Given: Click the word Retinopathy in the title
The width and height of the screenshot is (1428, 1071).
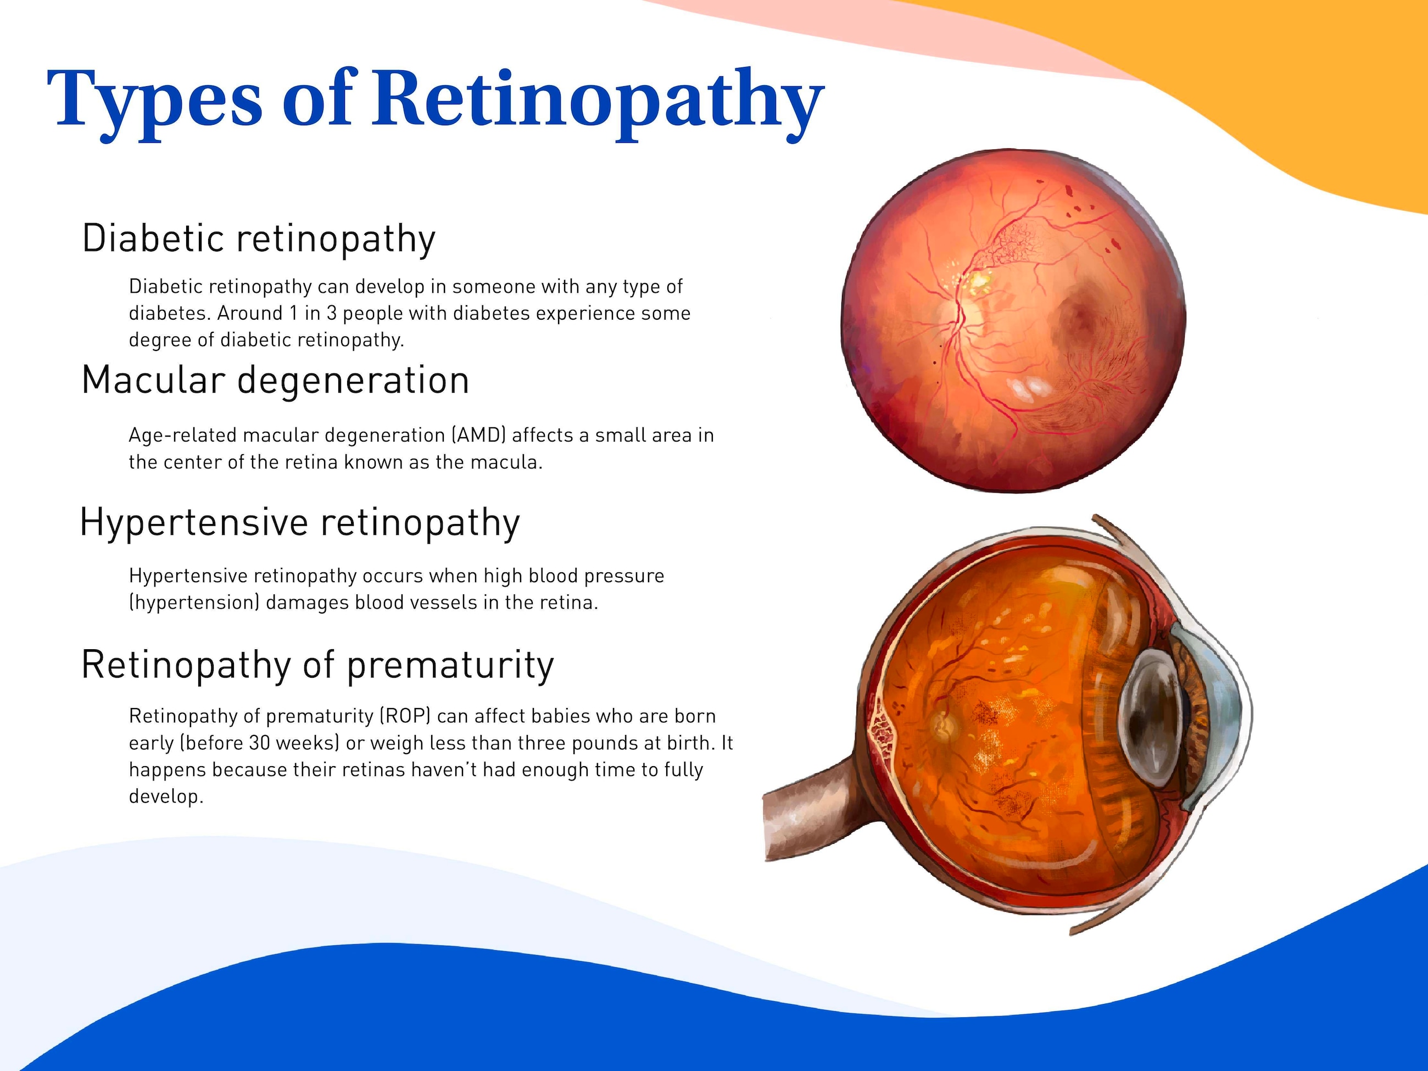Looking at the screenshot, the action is pos(597,103).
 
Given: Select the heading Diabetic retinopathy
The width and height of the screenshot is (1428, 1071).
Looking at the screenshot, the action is pos(259,239).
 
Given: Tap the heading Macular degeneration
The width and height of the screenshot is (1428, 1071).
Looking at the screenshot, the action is pos(276,380).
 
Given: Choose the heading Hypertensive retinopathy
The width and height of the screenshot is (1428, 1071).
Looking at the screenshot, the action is pos(299,523).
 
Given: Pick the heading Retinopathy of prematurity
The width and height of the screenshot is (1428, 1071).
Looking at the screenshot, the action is pos(317,666).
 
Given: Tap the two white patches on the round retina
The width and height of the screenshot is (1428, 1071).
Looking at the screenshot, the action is pos(1029,388).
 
